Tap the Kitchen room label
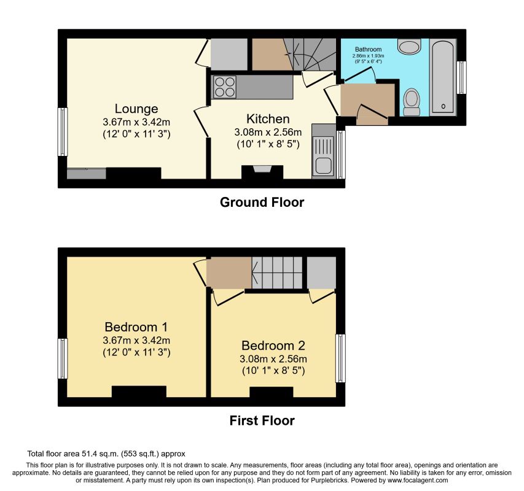point(268,118)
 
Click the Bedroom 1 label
point(136,327)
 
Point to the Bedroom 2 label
point(273,345)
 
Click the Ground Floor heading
point(262,202)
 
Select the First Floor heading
point(262,420)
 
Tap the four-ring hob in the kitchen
point(225,87)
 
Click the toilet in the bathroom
point(410,101)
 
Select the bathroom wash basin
point(407,47)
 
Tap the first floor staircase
point(277,272)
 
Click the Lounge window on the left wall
point(62,132)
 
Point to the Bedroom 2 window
point(340,358)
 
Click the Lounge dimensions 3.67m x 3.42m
point(136,122)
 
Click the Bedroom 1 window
point(62,358)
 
